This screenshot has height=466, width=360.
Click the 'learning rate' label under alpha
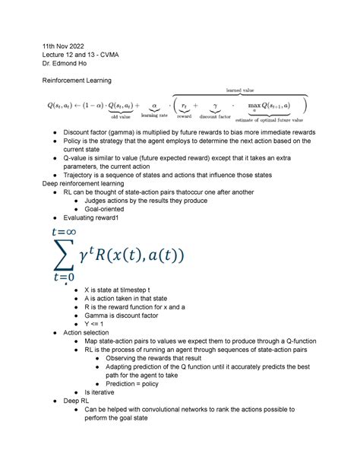pos(157,116)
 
